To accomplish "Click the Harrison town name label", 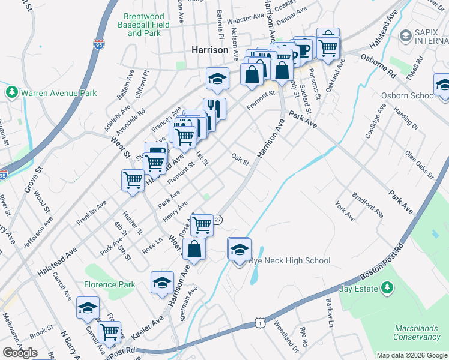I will tap(209, 50).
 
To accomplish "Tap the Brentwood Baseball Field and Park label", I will tap(144, 25).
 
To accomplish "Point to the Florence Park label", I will tap(110, 284).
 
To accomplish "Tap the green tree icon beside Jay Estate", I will tap(387, 289).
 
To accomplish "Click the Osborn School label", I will tap(409, 95).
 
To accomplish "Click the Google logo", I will tap(20, 352).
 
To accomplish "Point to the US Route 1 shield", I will tap(259, 323).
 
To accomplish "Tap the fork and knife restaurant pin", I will tap(214, 109).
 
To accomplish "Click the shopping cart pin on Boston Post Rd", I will tap(109, 332).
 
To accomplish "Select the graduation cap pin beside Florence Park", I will tap(162, 282).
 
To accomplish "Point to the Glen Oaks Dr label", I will tap(419, 166).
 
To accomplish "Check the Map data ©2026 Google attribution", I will tap(412, 355).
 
